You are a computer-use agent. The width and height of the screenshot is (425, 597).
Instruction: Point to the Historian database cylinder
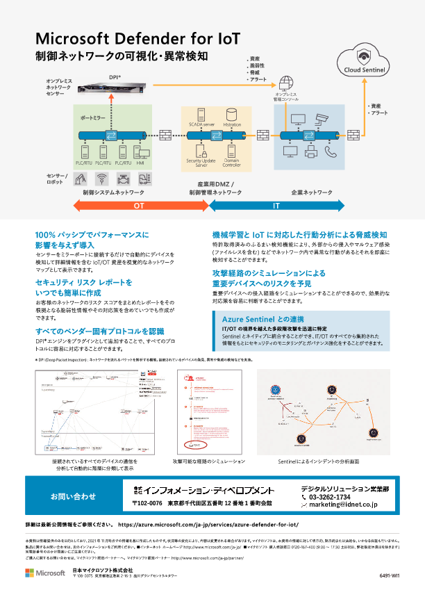(x=232, y=114)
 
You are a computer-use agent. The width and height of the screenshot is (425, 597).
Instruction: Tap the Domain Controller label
(x=232, y=163)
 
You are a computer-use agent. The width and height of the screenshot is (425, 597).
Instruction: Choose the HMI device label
(x=141, y=162)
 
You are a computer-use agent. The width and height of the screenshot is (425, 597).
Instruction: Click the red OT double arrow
(x=138, y=206)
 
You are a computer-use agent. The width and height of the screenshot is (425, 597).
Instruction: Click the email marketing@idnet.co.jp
(x=343, y=506)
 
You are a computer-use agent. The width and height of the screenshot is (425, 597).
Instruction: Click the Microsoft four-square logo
(x=30, y=573)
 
